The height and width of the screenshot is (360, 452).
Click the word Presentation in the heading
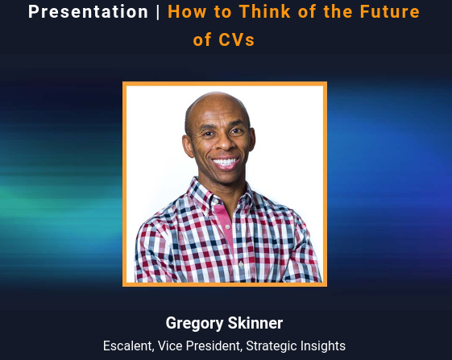click(88, 12)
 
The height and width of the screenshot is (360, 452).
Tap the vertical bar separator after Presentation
click(158, 12)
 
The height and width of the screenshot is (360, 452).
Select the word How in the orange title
click(187, 12)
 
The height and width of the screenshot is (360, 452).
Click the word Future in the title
click(389, 12)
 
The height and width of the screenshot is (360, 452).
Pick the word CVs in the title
click(236, 39)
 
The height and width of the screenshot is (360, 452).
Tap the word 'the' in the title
click(338, 12)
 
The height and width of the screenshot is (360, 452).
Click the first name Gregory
click(194, 324)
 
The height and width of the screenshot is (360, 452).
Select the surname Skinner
click(255, 323)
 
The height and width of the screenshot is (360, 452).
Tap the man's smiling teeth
click(226, 162)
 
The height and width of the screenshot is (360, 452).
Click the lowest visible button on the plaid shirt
click(241, 263)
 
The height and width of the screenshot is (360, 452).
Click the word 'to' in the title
click(222, 12)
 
